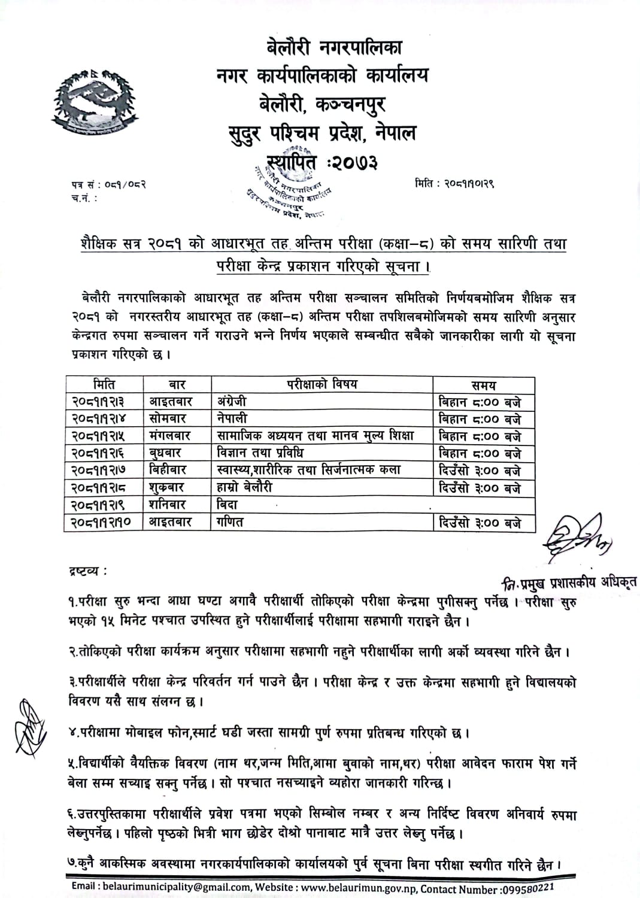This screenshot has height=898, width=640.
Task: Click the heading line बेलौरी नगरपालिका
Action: click(x=334, y=46)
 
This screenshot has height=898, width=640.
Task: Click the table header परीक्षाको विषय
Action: click(x=321, y=384)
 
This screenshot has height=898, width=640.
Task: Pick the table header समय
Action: click(x=483, y=386)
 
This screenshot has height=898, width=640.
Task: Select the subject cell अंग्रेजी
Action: click(x=232, y=402)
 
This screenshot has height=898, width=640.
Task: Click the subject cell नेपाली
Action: click(x=232, y=418)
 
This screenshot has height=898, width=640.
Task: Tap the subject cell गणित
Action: click(x=230, y=522)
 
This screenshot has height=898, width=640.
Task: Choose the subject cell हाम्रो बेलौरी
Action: click(x=245, y=487)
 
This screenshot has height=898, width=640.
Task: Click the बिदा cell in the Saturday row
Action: click(x=228, y=505)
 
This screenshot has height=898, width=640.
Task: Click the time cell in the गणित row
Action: click(x=480, y=523)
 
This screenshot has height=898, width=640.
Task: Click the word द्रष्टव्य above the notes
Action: click(x=87, y=571)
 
